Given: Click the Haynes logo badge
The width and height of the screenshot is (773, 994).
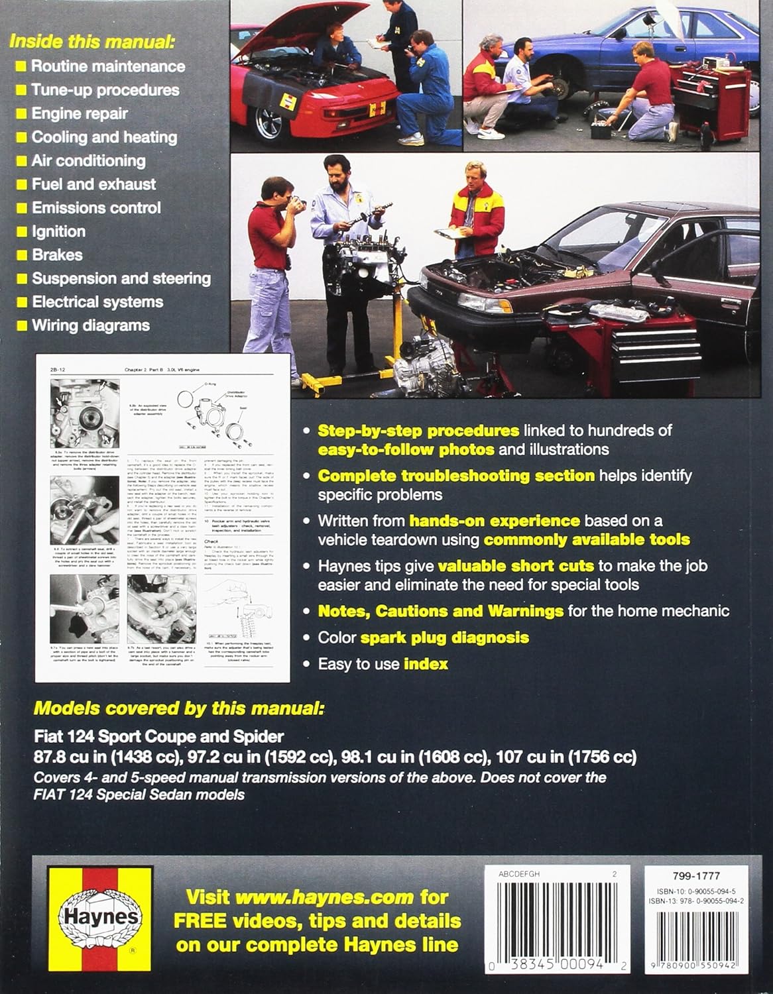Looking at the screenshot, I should [100, 918].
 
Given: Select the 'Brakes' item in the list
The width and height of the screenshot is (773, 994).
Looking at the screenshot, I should [57, 255].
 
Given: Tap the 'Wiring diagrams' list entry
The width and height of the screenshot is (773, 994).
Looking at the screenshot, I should [91, 325].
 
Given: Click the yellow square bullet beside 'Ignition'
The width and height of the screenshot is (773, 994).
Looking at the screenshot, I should [22, 232].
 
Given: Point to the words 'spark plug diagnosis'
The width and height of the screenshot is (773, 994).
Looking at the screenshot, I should [444, 638].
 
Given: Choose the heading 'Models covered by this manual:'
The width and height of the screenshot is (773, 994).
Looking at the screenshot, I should [179, 709].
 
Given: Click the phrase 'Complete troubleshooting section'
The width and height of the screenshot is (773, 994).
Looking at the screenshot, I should [456, 476].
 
